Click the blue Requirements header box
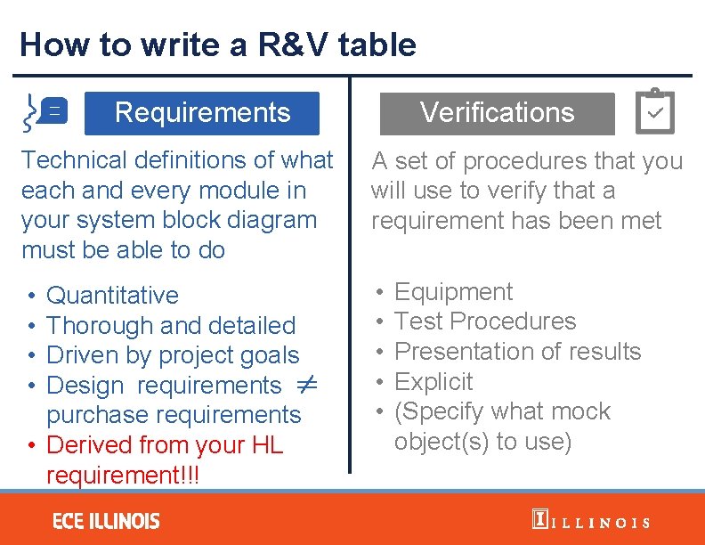click(202, 113)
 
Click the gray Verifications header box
click(497, 113)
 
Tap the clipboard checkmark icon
click(655, 112)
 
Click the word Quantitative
click(112, 296)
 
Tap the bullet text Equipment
click(453, 292)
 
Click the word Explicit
click(434, 382)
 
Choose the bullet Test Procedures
click(485, 321)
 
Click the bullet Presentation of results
click(517, 352)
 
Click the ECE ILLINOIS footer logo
click(106, 521)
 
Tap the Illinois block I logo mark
click(539, 519)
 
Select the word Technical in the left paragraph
click(74, 160)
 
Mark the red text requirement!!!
click(123, 475)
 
